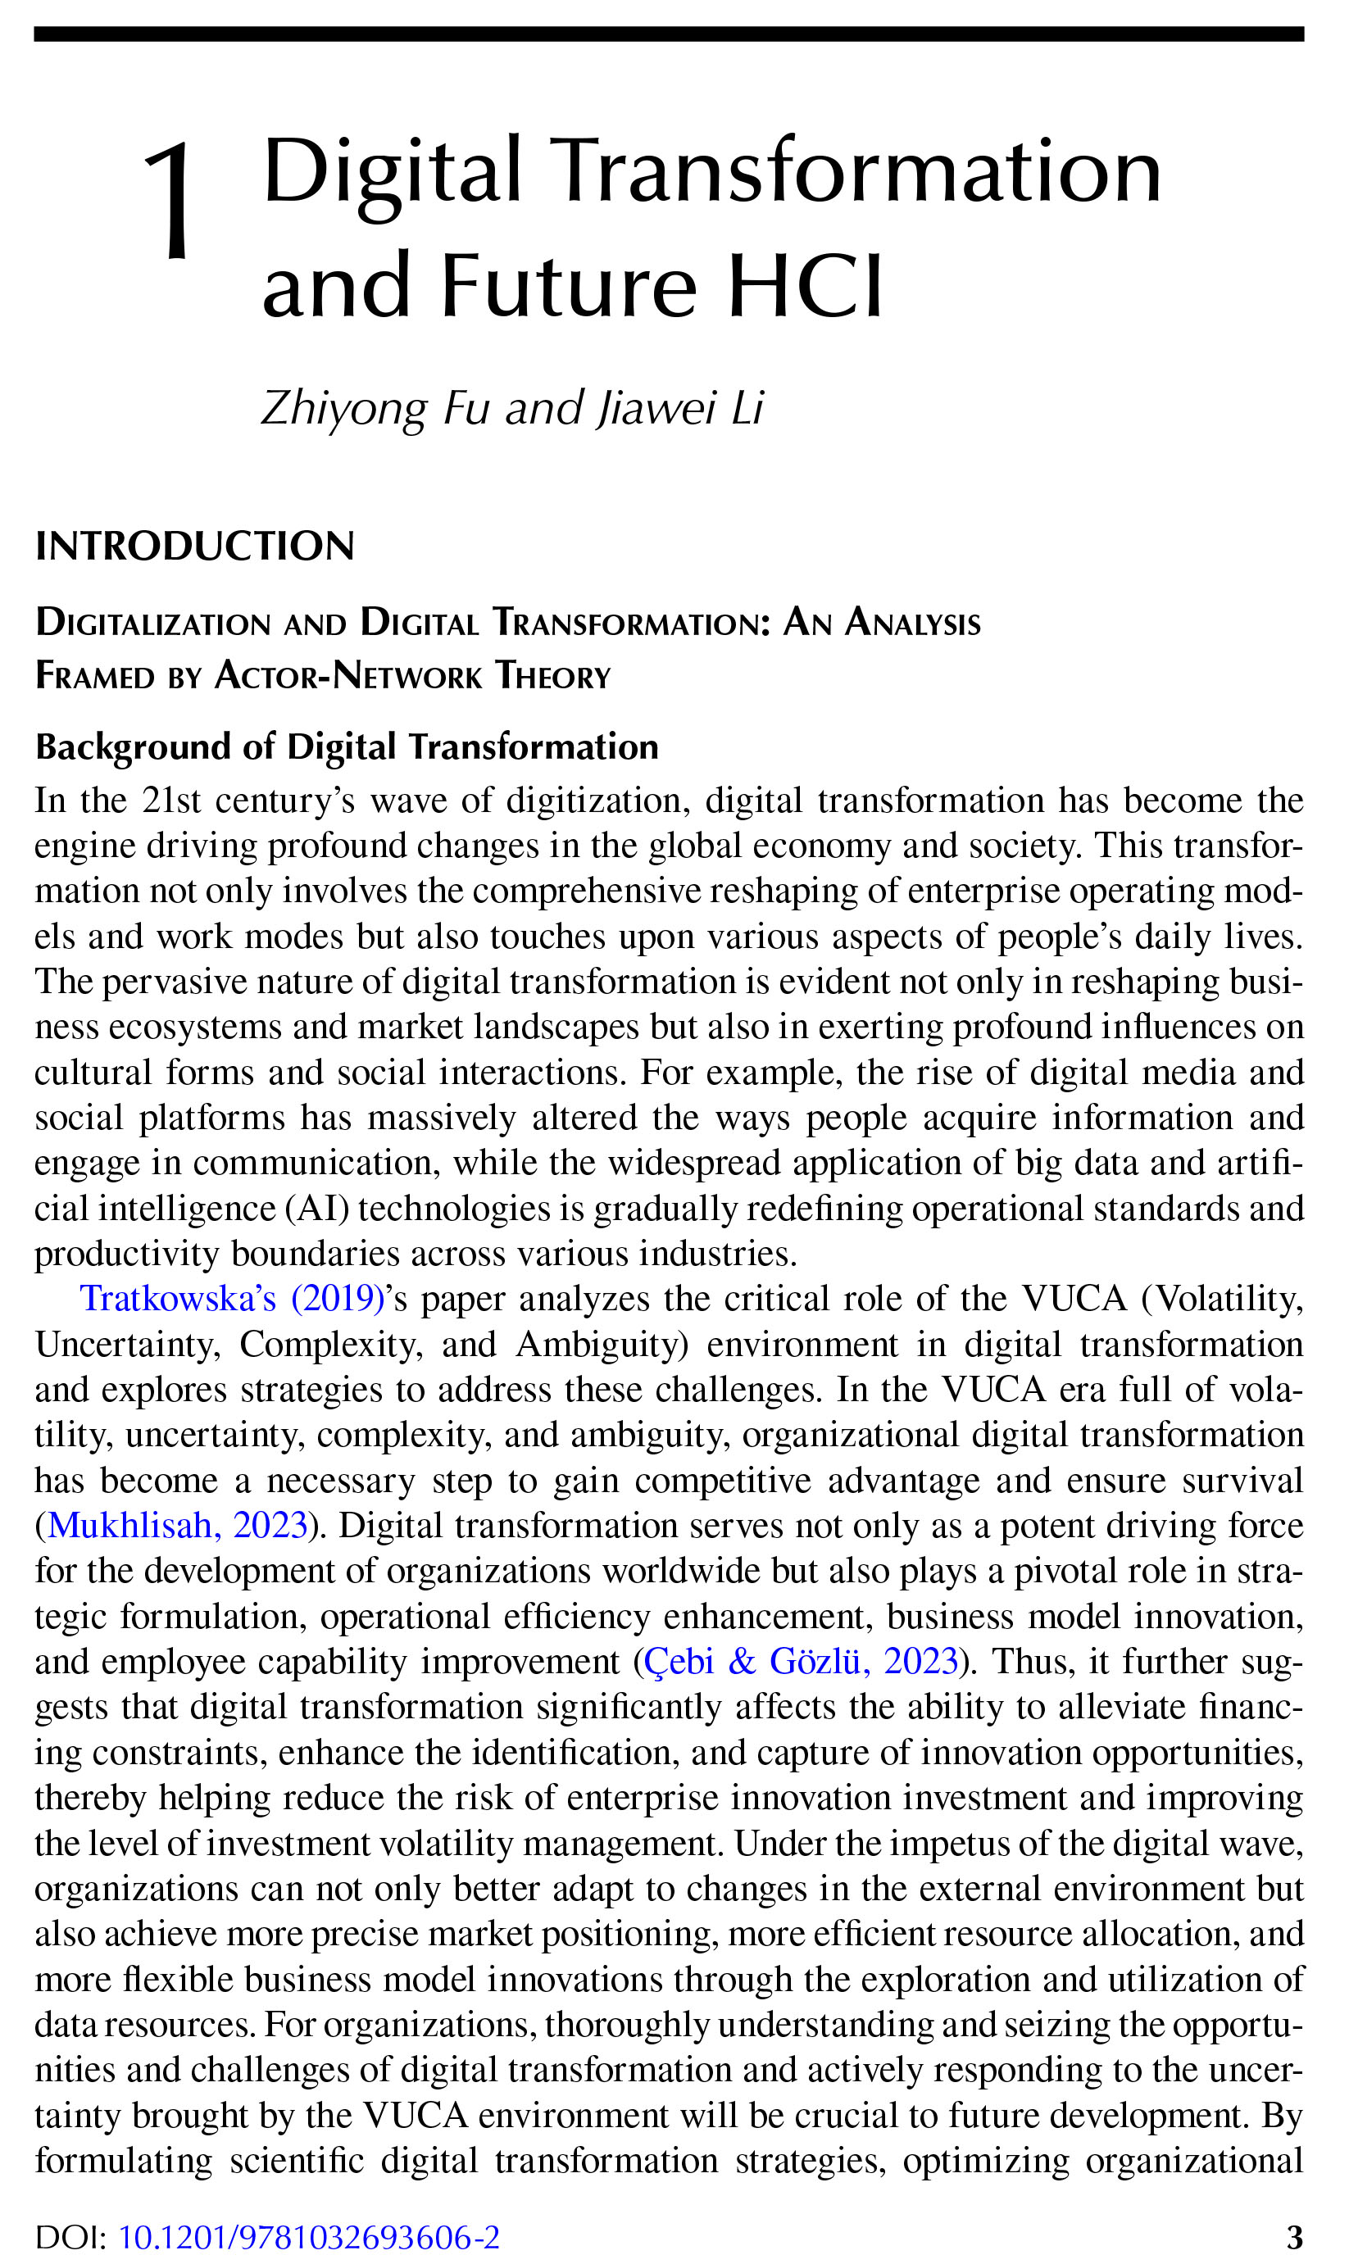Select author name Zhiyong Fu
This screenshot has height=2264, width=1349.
[375, 408]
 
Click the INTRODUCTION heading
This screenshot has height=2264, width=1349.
[194, 547]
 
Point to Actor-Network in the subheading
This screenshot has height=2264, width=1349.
[348, 676]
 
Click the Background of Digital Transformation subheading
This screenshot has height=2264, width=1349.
[347, 747]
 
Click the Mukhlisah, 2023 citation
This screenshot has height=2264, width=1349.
[178, 1525]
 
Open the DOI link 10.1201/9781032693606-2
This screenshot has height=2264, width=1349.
[309, 2237]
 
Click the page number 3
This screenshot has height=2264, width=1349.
[1294, 2237]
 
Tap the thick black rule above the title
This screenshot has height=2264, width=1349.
[669, 34]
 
